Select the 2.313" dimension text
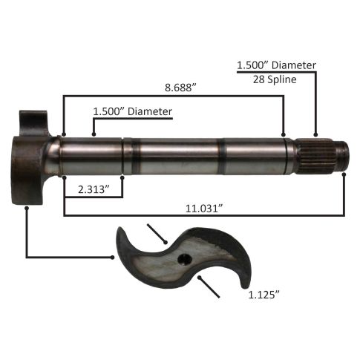click(94, 189)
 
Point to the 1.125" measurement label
click(264, 295)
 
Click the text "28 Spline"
click(275, 79)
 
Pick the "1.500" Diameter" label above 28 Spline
click(276, 65)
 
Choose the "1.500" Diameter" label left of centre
click(132, 111)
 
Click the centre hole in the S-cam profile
click(185, 259)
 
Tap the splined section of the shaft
click(316, 155)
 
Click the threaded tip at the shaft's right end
click(343, 155)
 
